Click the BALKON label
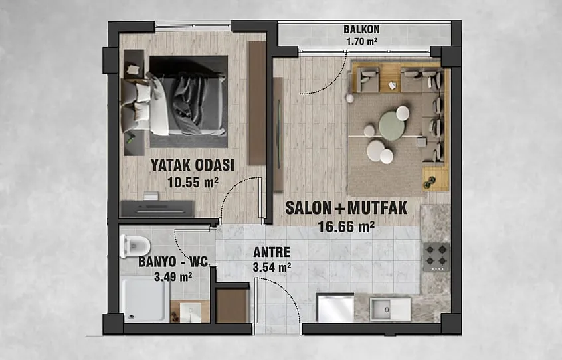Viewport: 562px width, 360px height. click(x=361, y=29)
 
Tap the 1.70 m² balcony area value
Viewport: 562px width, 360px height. click(x=361, y=41)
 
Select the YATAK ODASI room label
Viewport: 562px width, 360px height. click(x=192, y=165)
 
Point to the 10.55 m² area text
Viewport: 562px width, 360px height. click(x=193, y=183)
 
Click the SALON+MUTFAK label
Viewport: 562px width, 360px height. click(x=346, y=208)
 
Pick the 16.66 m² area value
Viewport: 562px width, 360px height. click(x=346, y=226)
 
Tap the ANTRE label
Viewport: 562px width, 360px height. click(x=272, y=252)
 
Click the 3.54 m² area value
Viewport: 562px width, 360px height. click(x=272, y=267)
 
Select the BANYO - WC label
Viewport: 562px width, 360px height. click(x=173, y=262)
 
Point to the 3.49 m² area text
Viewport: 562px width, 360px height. click(x=173, y=276)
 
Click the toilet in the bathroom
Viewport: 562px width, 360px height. click(x=134, y=246)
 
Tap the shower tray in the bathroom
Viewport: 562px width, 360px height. click(x=144, y=300)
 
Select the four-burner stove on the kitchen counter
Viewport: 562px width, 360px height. click(x=436, y=256)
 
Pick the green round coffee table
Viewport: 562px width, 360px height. click(x=392, y=126)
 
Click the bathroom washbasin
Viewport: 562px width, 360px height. click(x=190, y=312)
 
